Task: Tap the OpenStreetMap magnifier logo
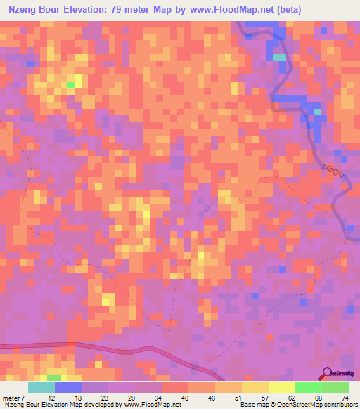coord(328,373)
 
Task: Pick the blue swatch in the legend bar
coord(68,388)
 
